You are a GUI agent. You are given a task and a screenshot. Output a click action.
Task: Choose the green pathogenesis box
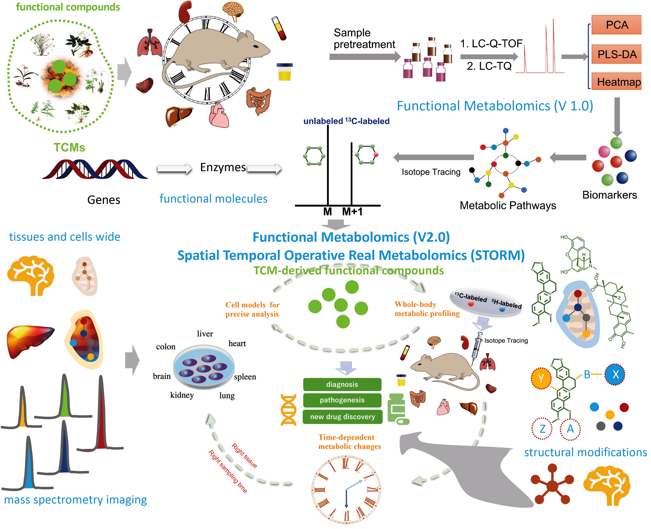[x=342, y=400]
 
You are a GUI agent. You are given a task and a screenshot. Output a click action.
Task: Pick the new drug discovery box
[x=342, y=417]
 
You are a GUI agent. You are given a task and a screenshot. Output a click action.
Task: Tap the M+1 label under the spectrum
[x=352, y=211]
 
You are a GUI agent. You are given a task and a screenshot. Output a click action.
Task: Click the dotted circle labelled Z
[x=542, y=429]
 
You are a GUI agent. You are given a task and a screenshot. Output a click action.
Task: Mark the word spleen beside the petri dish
[x=245, y=377]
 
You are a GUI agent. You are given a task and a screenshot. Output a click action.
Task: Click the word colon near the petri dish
[x=166, y=347]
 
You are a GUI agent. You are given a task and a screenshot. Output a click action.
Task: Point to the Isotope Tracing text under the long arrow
[x=431, y=172]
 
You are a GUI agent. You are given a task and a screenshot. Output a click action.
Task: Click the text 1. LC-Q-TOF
[x=491, y=44]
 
